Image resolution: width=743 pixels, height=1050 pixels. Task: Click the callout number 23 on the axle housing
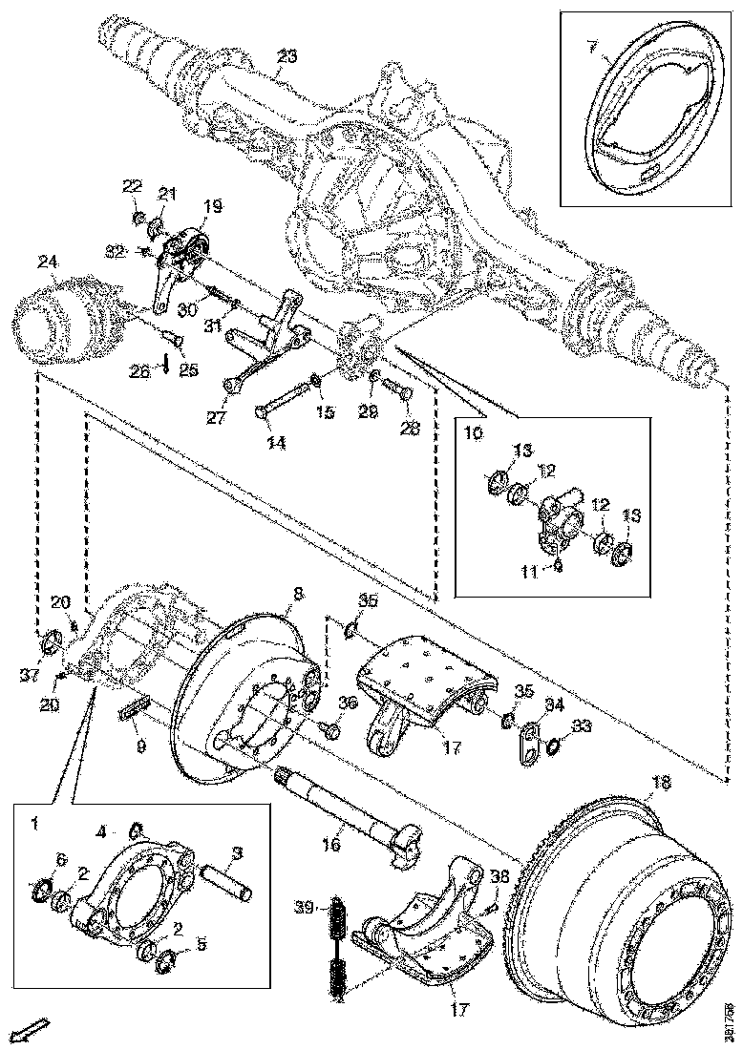[287, 56]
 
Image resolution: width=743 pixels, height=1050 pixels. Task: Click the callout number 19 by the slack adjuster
[211, 205]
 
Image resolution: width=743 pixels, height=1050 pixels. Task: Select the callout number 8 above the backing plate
[298, 593]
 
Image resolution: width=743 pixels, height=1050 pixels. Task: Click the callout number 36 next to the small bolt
[347, 703]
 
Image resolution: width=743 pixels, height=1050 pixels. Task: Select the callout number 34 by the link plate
[554, 704]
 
